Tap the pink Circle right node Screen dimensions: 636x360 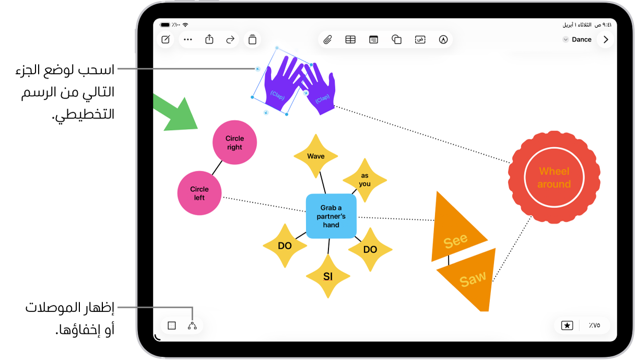[x=234, y=142]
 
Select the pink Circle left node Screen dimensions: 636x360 [x=199, y=193]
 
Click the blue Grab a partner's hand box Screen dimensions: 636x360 [x=331, y=216]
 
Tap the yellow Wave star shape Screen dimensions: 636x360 [x=316, y=156]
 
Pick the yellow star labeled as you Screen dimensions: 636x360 [x=364, y=180]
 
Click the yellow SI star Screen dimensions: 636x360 [x=328, y=276]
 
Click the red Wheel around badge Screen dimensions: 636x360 [x=554, y=177]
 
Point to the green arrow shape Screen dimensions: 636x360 [x=176, y=114]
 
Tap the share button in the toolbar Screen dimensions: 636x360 [x=209, y=39]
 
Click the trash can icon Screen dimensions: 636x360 [x=252, y=39]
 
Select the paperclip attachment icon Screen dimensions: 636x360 [x=327, y=40]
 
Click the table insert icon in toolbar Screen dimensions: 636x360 [x=350, y=40]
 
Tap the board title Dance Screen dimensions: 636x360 [x=582, y=40]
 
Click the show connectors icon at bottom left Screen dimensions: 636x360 [x=192, y=326]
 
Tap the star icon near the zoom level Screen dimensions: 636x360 [x=567, y=326]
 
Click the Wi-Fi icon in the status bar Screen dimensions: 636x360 [x=185, y=25]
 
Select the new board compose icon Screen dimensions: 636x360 [x=166, y=39]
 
